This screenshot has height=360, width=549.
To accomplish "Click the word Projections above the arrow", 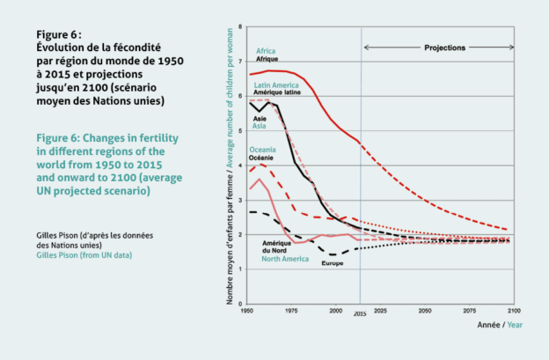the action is point(444,48).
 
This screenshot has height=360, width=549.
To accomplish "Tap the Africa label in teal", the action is point(266,51).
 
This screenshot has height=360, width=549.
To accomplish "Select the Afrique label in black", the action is point(267,59).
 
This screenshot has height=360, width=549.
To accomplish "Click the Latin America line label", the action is point(276,85).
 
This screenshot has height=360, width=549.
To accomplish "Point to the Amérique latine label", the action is point(277,92).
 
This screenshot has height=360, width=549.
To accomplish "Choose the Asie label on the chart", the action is point(260,119).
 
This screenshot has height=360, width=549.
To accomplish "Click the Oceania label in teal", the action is point(262,150).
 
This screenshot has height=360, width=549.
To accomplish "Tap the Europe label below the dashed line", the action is point(333,263).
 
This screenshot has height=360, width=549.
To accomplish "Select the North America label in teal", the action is point(285,259).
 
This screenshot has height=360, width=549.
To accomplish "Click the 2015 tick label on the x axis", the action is point(360,313).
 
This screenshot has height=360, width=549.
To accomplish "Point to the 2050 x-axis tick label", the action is point(425,311).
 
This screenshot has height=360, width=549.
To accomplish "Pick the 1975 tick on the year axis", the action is point(291,311).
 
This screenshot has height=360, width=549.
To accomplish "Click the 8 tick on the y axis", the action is point(240,26).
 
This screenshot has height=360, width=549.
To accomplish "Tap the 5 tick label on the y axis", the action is point(240,131).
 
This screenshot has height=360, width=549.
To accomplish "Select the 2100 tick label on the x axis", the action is point(514,311).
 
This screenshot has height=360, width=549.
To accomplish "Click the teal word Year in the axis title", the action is point(515,325).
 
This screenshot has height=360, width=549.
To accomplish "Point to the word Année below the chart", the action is point(489,325).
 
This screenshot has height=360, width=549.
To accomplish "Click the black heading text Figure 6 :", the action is point(59,34).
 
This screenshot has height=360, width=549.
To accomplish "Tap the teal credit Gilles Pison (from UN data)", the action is point(84,255).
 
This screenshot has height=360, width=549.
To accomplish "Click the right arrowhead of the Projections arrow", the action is point(512,48).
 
